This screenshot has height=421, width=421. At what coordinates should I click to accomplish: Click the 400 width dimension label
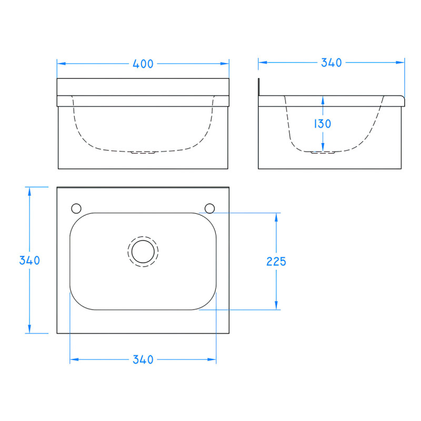pyautogui.click(x=143, y=64)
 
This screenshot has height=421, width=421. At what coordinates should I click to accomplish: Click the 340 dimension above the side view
pyautogui.click(x=331, y=63)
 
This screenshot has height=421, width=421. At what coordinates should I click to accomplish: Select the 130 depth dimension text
pyautogui.click(x=323, y=124)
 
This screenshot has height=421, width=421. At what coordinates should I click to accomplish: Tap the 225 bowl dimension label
pyautogui.click(x=276, y=261)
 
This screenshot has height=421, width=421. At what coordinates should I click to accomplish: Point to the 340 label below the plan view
pyautogui.click(x=143, y=360)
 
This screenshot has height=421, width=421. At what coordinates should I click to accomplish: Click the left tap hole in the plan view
pyautogui.click(x=76, y=208)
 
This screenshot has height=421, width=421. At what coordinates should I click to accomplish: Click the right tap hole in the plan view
pyautogui.click(x=209, y=208)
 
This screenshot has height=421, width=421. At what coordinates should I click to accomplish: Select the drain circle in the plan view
pyautogui.click(x=142, y=251)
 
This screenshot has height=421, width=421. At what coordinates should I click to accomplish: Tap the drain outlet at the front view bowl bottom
pyautogui.click(x=143, y=153)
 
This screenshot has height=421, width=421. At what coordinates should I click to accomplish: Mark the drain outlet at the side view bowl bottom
pyautogui.click(x=323, y=153)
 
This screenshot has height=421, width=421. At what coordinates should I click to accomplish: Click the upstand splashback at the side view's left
pyautogui.click(x=259, y=87)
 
